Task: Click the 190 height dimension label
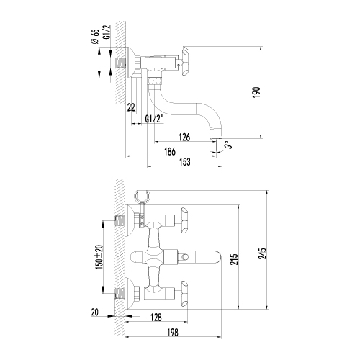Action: [256, 92]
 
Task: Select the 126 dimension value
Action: [184, 137]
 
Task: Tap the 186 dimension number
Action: [170, 152]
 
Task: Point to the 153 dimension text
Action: [185, 162]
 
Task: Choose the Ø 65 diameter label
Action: [95, 36]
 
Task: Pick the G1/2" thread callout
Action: [154, 119]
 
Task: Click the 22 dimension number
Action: [131, 107]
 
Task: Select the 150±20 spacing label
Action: [99, 257]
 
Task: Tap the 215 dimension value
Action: [234, 259]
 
